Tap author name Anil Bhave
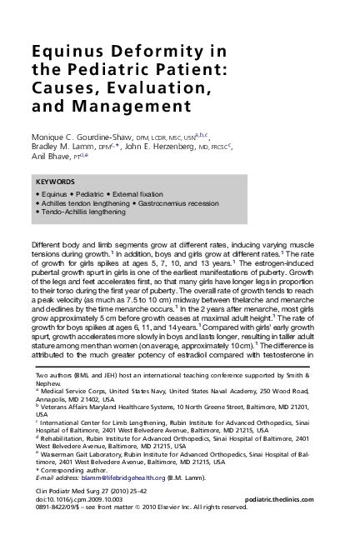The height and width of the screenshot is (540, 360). [52, 158]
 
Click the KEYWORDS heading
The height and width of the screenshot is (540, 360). [56, 182]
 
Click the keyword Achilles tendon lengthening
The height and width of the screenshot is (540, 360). [84, 203]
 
